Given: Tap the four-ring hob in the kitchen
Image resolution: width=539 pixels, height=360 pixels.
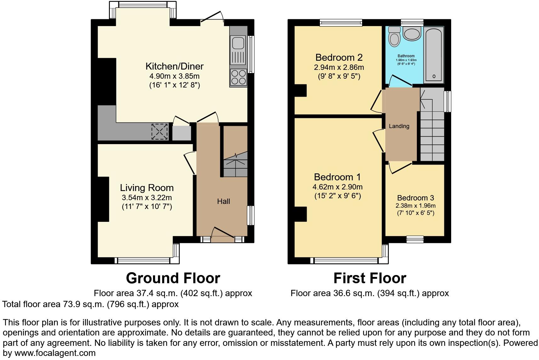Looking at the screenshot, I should pyautogui.click(x=238, y=77).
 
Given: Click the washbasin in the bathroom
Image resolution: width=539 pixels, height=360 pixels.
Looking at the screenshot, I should pyautogui.click(x=411, y=34).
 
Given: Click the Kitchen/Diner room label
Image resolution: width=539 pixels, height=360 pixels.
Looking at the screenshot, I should pyautogui.click(x=174, y=66).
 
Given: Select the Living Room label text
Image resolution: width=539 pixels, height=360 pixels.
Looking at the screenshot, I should pyautogui.click(x=147, y=188).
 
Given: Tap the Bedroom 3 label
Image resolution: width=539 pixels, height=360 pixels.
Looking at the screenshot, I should pyautogui.click(x=416, y=198).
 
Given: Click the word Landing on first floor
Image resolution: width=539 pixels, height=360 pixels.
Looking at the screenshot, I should pyautogui.click(x=399, y=126).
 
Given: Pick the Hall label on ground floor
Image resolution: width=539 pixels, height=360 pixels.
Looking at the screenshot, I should pyautogui.click(x=224, y=201).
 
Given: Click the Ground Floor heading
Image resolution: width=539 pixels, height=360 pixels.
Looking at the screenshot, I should pyautogui.click(x=173, y=278).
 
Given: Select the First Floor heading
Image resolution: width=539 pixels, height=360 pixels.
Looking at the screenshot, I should pyautogui.click(x=370, y=278).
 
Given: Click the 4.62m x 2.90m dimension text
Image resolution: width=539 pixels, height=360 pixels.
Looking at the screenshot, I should pyautogui.click(x=338, y=187).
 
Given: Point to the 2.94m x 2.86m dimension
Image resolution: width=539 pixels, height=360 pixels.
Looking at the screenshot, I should pyautogui.click(x=339, y=67).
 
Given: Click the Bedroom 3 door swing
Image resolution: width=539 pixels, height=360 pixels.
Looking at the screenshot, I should pyautogui.click(x=400, y=167).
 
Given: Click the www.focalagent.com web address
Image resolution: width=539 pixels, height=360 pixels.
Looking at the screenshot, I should pyautogui.click(x=55, y=353).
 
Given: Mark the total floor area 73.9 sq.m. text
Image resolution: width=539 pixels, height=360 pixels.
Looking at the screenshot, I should pyautogui.click(x=90, y=304).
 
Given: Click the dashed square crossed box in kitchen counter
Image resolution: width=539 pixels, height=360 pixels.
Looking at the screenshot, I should pyautogui.click(x=160, y=131).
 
